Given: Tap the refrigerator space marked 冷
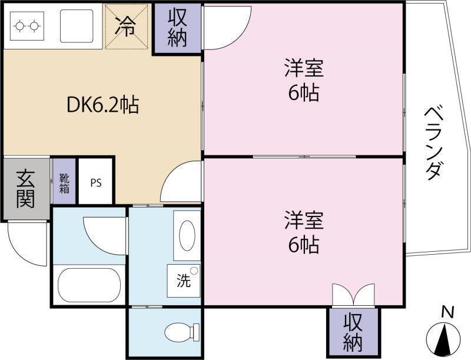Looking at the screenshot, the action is (x=127, y=26).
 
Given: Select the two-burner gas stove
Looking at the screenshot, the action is (x=27, y=26).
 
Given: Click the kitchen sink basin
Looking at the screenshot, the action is (x=77, y=26).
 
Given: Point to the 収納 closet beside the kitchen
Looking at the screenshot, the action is (x=177, y=28).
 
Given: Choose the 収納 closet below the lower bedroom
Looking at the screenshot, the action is (x=353, y=332).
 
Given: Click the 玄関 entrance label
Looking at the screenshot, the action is (x=25, y=189).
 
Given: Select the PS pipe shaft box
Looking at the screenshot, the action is (x=96, y=182).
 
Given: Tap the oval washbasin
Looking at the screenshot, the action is (x=187, y=235).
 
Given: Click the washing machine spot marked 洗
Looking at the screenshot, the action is (x=184, y=281).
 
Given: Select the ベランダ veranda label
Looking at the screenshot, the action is (x=433, y=143).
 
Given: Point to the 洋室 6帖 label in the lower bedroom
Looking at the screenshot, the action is (x=304, y=232).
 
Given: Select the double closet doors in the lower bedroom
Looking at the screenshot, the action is (x=354, y=295).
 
